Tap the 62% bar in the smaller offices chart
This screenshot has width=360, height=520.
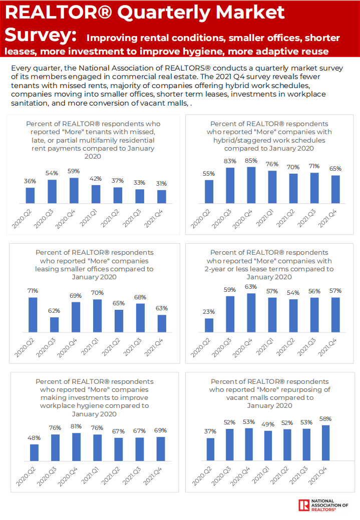(54, 325)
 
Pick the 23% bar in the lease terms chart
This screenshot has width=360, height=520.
(209, 325)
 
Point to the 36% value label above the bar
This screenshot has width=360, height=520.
(31, 181)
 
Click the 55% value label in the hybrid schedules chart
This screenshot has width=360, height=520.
(209, 174)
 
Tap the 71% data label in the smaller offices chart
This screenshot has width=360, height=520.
(33, 291)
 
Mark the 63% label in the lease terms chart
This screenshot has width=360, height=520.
(251, 287)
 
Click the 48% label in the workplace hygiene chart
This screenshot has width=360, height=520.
(34, 438)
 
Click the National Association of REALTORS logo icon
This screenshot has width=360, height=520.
(303, 505)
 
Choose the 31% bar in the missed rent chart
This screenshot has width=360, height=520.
(161, 197)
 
